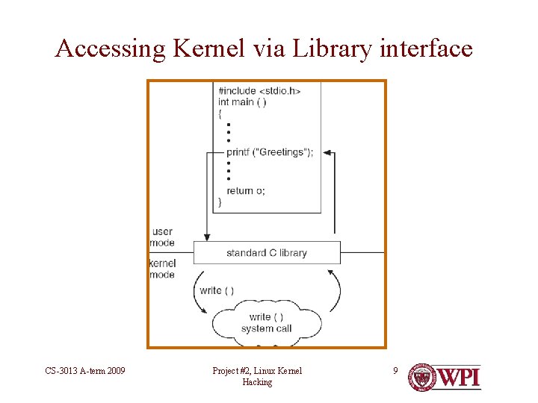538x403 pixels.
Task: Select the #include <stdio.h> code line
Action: [x=259, y=91]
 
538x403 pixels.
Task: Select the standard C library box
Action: [x=267, y=253]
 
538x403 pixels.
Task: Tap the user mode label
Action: [x=162, y=237]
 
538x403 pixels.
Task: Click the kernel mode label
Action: [x=162, y=269]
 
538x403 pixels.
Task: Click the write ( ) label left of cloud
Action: [x=217, y=290]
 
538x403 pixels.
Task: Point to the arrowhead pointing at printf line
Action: [x=327, y=154]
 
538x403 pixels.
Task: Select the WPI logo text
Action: [x=457, y=377]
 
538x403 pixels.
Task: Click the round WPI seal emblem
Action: [x=422, y=378]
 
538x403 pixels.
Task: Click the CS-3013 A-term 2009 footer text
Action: [x=84, y=371]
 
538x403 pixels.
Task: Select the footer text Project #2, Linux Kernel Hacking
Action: [x=257, y=376]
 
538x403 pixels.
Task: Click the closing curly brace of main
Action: [x=219, y=202]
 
